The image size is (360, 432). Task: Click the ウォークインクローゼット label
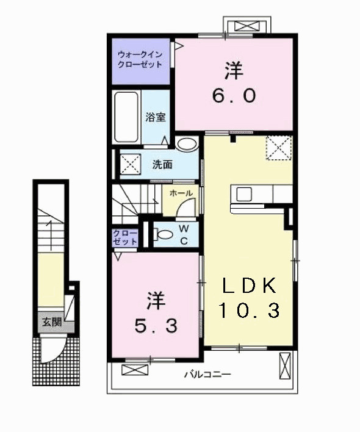pos(140,59)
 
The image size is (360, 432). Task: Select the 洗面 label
pos(162,164)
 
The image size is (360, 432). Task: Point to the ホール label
pos(181,193)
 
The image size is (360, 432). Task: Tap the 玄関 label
pos(51,322)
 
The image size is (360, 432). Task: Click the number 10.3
pos(250,311)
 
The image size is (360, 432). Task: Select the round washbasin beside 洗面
pos(187,145)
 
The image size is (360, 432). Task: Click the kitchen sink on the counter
pos(244,194)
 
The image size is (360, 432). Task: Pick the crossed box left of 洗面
pos(129,164)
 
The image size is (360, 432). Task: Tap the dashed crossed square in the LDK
pos(279,148)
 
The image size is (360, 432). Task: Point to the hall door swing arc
pos(184,208)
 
